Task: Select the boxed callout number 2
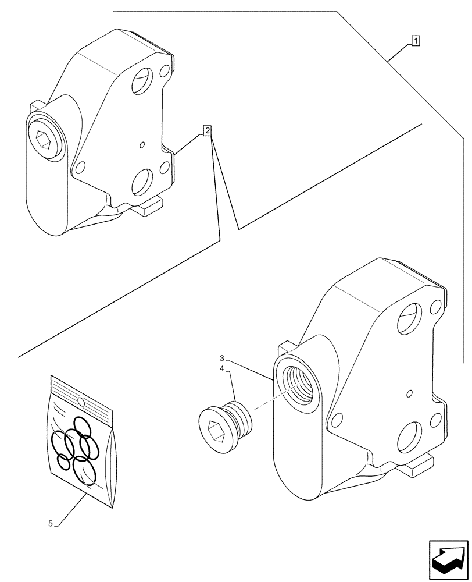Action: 207,130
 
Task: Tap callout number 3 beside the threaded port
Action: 222,357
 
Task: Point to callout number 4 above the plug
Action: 222,369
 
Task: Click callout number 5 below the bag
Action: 51,524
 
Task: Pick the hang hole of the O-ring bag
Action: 81,402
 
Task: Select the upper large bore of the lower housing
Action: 410,319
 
